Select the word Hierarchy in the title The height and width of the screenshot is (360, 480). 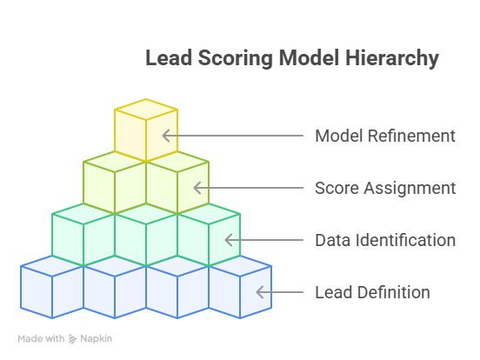(392, 59)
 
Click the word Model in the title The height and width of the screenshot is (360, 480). (310, 58)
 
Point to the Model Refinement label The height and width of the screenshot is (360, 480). (385, 136)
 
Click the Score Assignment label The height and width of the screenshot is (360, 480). (385, 188)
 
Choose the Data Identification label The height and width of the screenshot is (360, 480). (385, 240)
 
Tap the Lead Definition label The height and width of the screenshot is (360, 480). (372, 292)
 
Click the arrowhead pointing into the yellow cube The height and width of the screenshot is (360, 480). (165, 136)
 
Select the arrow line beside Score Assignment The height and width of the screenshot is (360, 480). (249, 188)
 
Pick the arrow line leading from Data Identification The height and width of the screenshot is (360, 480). (263, 240)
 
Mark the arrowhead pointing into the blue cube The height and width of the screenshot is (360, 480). (260, 292)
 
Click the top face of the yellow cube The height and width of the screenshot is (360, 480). (146, 110)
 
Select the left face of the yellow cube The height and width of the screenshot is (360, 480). (130, 136)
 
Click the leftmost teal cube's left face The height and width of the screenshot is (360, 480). (68, 240)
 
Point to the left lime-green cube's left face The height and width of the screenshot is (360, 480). (99, 187)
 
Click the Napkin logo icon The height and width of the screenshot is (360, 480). (72, 339)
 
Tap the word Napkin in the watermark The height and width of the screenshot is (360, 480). (97, 339)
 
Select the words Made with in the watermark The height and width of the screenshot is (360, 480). (41, 338)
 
